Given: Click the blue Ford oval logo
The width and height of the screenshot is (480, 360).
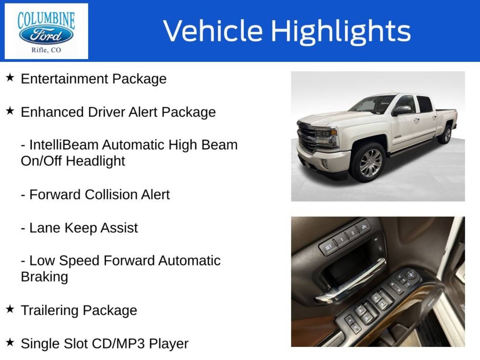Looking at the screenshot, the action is (46, 35).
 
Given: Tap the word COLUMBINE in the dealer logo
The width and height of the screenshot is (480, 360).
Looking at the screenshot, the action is (46, 21).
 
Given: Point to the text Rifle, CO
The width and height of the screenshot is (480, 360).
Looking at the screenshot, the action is (46, 50).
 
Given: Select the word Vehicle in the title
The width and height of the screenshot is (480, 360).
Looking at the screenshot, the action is (213, 30).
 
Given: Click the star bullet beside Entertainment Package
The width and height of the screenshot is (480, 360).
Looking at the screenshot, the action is (10, 77).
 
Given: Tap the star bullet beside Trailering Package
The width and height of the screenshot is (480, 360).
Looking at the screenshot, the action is (10, 309).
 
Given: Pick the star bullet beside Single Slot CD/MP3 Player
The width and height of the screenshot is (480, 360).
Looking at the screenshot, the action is (10, 342).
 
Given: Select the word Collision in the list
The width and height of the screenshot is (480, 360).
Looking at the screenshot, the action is (111, 194).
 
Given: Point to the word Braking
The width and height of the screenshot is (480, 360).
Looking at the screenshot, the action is (45, 277).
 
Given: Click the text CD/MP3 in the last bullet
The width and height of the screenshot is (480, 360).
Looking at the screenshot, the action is (118, 343).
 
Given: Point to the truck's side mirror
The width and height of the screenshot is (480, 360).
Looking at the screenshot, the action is (401, 110).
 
